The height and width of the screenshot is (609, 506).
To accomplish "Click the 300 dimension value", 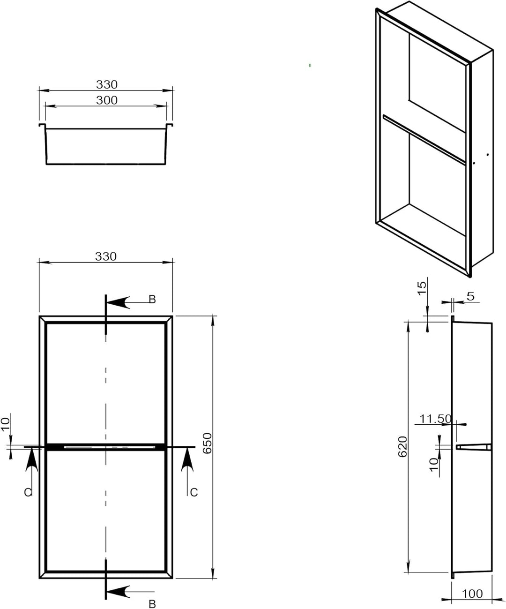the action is pyautogui.click(x=107, y=100).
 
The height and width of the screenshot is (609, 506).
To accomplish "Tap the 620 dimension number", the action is pyautogui.click(x=402, y=446).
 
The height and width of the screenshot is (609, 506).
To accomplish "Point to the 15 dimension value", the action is pyautogui.click(x=422, y=288).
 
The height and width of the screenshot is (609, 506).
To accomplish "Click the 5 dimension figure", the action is pyautogui.click(x=471, y=296).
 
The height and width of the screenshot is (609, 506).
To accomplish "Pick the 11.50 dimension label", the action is pyautogui.click(x=435, y=419).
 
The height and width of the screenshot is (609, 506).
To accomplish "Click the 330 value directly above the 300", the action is pyautogui.click(x=107, y=84).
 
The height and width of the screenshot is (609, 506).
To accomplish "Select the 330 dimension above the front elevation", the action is pyautogui.click(x=105, y=256).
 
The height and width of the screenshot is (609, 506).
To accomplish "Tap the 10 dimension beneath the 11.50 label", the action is pyautogui.click(x=434, y=465).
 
